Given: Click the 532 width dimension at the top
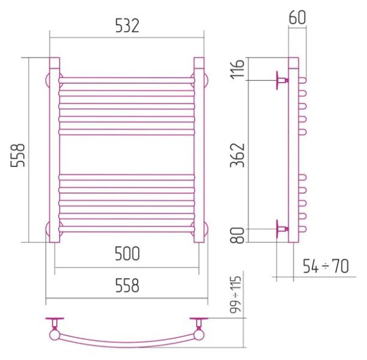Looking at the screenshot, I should click(127, 26).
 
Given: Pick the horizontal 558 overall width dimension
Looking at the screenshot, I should click(127, 285).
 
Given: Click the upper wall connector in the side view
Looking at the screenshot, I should click(282, 80).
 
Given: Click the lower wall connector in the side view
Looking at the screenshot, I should click(282, 228).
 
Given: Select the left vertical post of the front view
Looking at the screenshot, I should click(54, 150).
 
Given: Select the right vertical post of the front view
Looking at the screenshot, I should click(199, 150).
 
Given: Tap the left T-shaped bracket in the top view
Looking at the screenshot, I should click(56, 323).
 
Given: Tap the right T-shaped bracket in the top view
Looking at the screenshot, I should click(198, 323).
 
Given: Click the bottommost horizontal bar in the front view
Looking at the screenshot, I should click(127, 229).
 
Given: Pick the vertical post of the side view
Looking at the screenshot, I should click(293, 150).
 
